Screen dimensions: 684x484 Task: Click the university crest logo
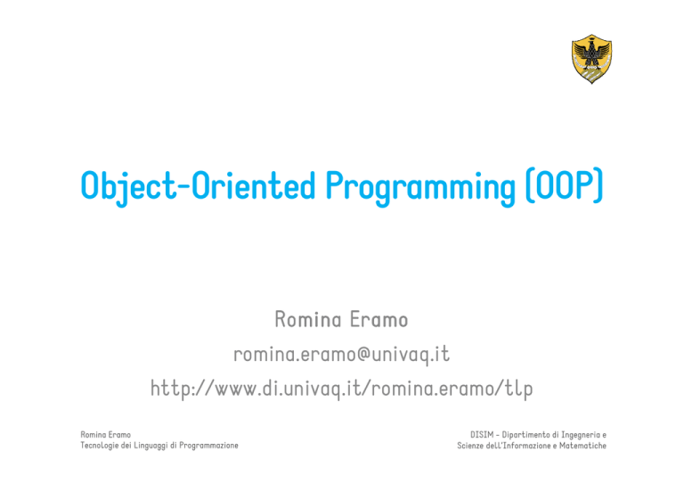[x=591, y=59]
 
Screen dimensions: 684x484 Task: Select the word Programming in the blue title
[x=420, y=188]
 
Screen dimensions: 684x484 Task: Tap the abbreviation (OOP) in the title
[x=565, y=185]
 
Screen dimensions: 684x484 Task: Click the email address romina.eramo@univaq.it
[x=342, y=354]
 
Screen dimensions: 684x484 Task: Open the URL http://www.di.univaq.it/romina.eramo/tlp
[x=342, y=388]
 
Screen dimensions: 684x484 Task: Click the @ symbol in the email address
[x=363, y=354]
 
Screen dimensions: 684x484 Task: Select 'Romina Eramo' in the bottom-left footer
[x=106, y=435]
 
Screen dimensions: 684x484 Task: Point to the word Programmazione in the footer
[x=208, y=446]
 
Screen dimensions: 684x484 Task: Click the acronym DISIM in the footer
[x=482, y=435]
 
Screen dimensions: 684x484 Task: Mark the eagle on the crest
[x=591, y=53]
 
